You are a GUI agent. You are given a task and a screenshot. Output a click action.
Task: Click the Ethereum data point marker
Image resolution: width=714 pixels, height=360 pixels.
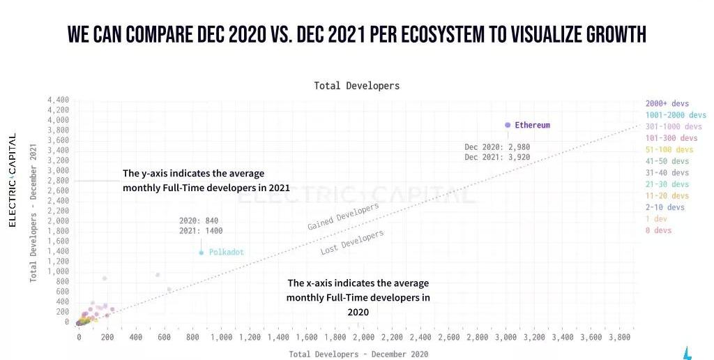click(x=508, y=125)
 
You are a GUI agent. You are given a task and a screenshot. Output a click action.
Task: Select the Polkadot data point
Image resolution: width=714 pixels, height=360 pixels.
click(x=202, y=253)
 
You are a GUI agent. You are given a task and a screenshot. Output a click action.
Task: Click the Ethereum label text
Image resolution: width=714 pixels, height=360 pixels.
click(x=532, y=126)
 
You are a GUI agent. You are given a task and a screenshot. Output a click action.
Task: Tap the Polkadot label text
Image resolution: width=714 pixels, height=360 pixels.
click(x=227, y=253)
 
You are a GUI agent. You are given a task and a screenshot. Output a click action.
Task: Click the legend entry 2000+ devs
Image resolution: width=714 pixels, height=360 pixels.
click(x=667, y=104)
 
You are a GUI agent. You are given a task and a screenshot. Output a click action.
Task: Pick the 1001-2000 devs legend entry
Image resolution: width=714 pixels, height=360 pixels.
click(x=676, y=115)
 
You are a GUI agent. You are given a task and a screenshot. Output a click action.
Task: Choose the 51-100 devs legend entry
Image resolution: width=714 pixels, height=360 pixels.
click(x=669, y=150)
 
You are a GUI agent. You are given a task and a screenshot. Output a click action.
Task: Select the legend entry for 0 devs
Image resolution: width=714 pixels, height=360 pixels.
click(x=658, y=230)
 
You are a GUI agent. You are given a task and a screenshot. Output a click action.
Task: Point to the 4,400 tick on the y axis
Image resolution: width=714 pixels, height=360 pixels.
click(x=58, y=100)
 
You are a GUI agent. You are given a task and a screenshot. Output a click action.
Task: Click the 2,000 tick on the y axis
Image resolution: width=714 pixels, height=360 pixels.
click(x=58, y=220)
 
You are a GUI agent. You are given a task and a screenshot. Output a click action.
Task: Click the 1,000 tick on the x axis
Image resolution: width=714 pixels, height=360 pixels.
click(x=221, y=338)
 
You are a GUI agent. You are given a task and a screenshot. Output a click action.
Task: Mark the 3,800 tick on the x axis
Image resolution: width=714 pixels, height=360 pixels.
click(x=619, y=338)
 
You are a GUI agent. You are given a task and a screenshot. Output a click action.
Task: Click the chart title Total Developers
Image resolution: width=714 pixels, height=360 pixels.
click(x=356, y=86)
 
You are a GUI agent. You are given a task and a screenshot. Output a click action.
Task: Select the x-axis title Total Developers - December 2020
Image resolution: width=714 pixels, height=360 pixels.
click(x=358, y=354)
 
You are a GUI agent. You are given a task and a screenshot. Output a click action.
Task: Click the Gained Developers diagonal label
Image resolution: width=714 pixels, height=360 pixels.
click(x=343, y=217)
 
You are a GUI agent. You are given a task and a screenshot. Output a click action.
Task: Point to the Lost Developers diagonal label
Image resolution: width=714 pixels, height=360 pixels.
click(x=352, y=243)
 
